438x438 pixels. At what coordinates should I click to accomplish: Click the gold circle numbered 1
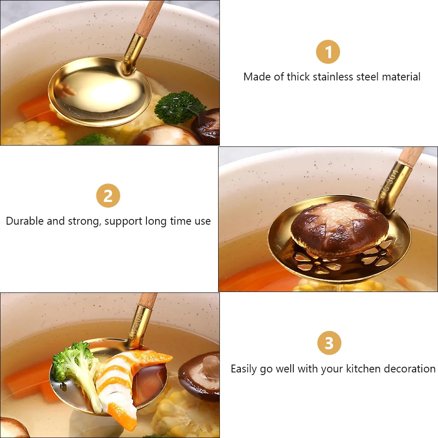(x=328, y=52)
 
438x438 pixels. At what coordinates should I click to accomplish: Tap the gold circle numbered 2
(x=108, y=195)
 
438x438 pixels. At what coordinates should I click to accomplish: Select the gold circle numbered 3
(x=329, y=343)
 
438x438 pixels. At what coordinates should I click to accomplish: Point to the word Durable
(x=25, y=221)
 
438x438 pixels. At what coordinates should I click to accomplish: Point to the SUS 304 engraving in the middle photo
(x=389, y=184)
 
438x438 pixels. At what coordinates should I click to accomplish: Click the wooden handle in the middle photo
(x=410, y=157)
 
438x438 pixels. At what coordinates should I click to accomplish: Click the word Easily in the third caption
(x=243, y=369)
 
